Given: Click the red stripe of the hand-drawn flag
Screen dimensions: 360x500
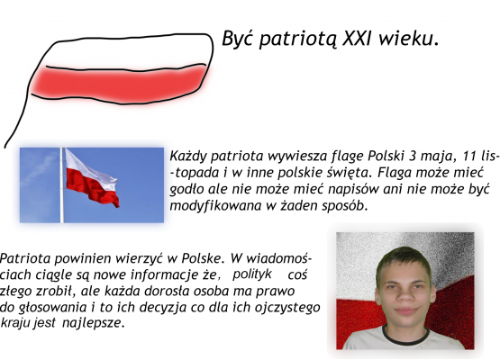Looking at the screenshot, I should [x=113, y=83].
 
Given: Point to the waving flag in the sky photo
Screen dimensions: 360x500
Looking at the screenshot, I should [x=92, y=177].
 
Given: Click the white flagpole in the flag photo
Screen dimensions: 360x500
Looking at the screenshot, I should [x=60, y=184].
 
